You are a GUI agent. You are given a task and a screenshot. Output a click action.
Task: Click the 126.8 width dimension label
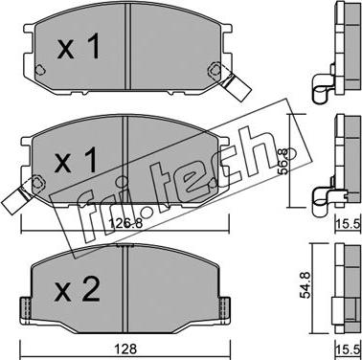[x=125, y=224]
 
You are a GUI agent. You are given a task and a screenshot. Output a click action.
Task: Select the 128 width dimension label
[x=126, y=349]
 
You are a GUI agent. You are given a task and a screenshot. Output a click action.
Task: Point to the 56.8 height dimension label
[x=283, y=161]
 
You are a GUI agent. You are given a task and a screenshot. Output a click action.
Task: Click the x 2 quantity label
[x=77, y=289]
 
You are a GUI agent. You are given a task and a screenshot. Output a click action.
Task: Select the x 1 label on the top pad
[x=79, y=47]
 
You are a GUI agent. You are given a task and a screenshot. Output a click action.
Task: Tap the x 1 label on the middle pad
[x=76, y=161]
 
